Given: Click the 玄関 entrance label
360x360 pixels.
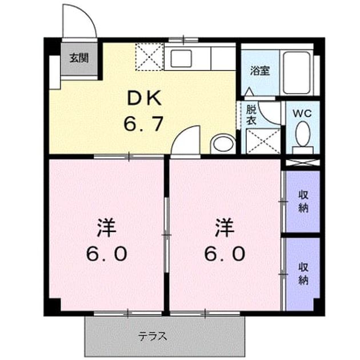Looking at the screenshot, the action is [x=79, y=58].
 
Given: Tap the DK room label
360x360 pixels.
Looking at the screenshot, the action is [x=145, y=98].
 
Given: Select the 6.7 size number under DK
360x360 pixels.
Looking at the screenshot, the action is [x=144, y=123].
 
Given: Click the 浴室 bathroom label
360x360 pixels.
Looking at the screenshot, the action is [x=260, y=71].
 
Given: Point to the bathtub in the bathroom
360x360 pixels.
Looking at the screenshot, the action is [x=297, y=73].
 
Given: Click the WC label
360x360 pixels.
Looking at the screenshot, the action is [x=302, y=113].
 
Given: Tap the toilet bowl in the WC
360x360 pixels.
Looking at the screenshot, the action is [x=303, y=134].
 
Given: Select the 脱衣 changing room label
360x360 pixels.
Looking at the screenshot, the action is [x=251, y=115].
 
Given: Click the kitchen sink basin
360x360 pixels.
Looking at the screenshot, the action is [x=181, y=58].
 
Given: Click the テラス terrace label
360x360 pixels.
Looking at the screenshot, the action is [x=152, y=337].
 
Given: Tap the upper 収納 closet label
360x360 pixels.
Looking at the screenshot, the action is [x=303, y=202].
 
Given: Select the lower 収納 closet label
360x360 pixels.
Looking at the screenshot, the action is [x=303, y=274].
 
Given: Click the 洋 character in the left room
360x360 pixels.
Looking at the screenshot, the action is [x=106, y=228].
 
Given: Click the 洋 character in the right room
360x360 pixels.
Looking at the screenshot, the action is [x=225, y=228].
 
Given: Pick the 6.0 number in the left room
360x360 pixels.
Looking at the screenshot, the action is [x=106, y=254].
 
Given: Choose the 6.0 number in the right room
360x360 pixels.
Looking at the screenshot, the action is [x=225, y=254].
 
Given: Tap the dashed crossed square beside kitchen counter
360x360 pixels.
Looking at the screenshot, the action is [x=150, y=57].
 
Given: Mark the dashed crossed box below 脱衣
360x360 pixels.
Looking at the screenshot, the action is [x=263, y=141].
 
